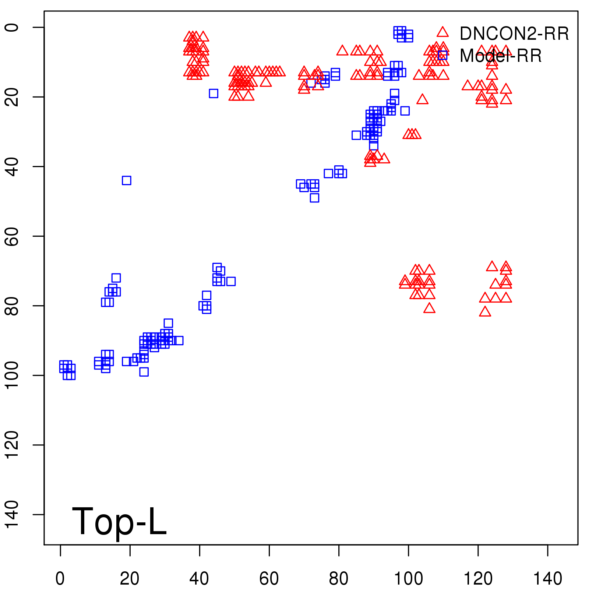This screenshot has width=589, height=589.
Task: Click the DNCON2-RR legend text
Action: pos(514,34)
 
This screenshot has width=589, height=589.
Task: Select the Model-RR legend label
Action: pos(501,56)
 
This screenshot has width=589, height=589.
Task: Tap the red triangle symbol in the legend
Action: pos(442,32)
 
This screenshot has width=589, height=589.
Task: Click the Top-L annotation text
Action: pos(119,521)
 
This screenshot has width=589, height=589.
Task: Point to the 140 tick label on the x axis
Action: pos(547,579)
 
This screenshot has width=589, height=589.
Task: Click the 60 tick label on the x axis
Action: pos(269,579)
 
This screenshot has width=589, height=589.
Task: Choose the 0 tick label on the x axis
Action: pos(60,579)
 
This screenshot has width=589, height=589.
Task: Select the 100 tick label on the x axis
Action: pos(408,579)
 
